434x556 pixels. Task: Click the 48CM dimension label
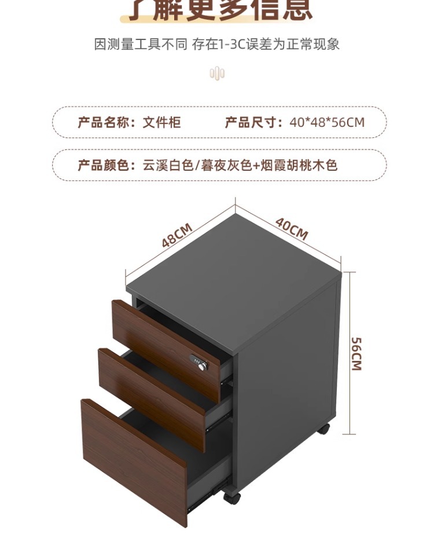click(x=176, y=236)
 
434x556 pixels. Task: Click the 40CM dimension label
click(x=292, y=229)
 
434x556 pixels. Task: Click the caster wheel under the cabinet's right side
click(x=323, y=429)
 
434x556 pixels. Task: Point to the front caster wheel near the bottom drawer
click(x=231, y=497)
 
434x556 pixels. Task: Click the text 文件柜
click(x=162, y=122)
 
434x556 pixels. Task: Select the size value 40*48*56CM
click(x=327, y=122)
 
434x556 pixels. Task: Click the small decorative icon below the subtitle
click(x=217, y=74)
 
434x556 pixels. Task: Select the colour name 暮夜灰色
click(x=226, y=166)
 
